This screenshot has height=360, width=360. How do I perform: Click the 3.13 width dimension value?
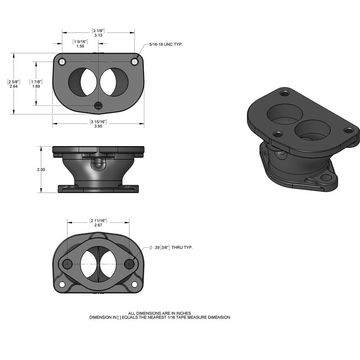point(98,36)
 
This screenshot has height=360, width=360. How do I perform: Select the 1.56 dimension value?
point(80,46)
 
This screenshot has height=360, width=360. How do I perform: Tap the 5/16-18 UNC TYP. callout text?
point(166,44)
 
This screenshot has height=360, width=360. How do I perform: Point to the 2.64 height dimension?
point(14,86)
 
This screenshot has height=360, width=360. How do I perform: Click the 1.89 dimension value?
point(36,86)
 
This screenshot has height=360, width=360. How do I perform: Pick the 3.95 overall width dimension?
point(98,126)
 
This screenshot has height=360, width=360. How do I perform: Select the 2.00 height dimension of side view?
point(41,169)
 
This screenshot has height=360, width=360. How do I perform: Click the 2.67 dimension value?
point(98,225)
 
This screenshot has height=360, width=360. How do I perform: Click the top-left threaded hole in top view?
point(63,62)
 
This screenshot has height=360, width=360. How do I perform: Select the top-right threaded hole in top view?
point(135,62)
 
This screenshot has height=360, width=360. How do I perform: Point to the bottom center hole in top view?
point(98,105)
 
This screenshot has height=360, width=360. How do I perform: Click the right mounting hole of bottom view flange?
point(130,264)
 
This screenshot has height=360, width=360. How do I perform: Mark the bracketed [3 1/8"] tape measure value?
point(98,31)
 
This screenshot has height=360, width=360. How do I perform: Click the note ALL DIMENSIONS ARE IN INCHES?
point(160,313)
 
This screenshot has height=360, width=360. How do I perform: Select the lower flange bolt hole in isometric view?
point(326,178)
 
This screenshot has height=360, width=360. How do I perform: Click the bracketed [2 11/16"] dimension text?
point(98,221)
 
